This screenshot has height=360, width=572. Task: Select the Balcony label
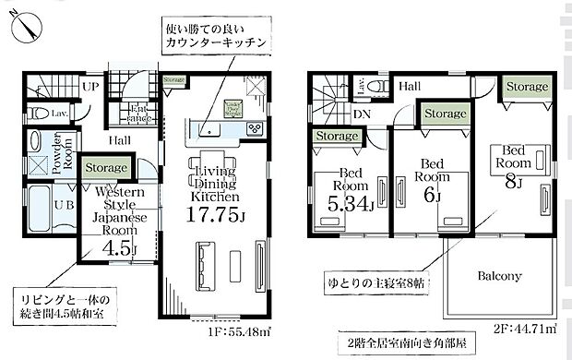pyautogui.click(x=499, y=275)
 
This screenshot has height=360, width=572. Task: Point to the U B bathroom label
pyautogui.click(x=64, y=205)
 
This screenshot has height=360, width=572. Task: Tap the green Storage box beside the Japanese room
pyautogui.click(x=106, y=168)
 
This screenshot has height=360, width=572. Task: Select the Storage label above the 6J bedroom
pyautogui.click(x=444, y=113)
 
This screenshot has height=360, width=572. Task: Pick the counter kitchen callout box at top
pyautogui.click(x=218, y=34)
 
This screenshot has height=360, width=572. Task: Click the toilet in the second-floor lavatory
pyautogui.click(x=378, y=85)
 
